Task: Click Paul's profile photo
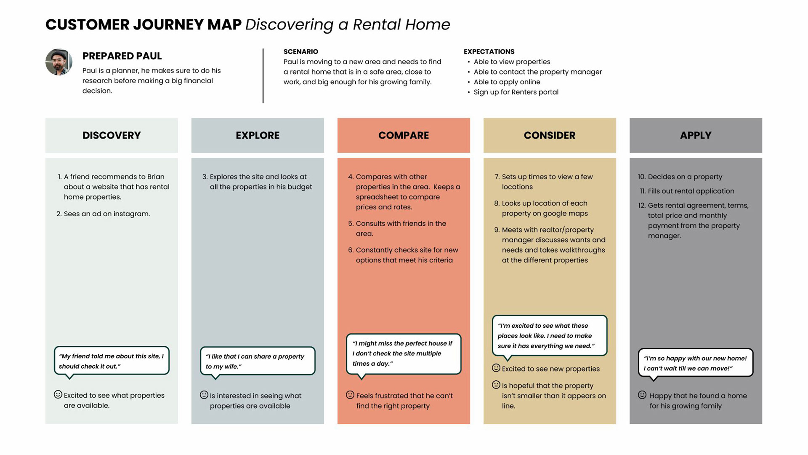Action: coord(59,62)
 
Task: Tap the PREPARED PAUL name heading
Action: coord(122,56)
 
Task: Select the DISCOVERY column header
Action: coord(112,135)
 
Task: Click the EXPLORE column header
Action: coord(258,135)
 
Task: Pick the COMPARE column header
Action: coord(404,135)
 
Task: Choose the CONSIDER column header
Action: coord(550,135)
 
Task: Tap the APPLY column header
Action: coord(696,135)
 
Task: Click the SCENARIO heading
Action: coord(300,51)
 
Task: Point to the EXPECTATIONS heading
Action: coord(489,51)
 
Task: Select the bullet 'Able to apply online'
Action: coord(507,82)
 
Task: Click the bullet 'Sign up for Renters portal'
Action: coord(516,92)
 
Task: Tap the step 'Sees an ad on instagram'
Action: coord(106,214)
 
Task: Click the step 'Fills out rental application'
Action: coord(691,191)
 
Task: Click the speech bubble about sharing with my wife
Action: coord(258,361)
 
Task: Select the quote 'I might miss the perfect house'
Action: coord(403,353)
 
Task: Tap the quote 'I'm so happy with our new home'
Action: coord(695,363)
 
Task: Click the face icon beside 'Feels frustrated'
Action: coord(350,395)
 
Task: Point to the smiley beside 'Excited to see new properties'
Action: coord(496,368)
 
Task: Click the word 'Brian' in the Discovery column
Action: coord(156,177)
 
